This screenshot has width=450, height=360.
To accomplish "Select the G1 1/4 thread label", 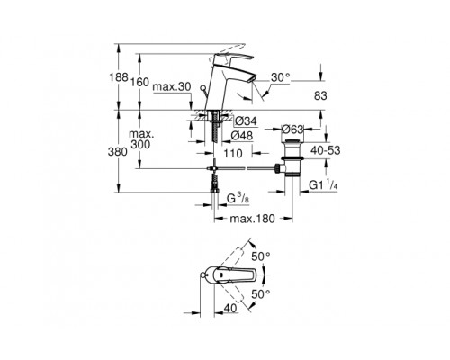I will [x=328, y=186].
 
